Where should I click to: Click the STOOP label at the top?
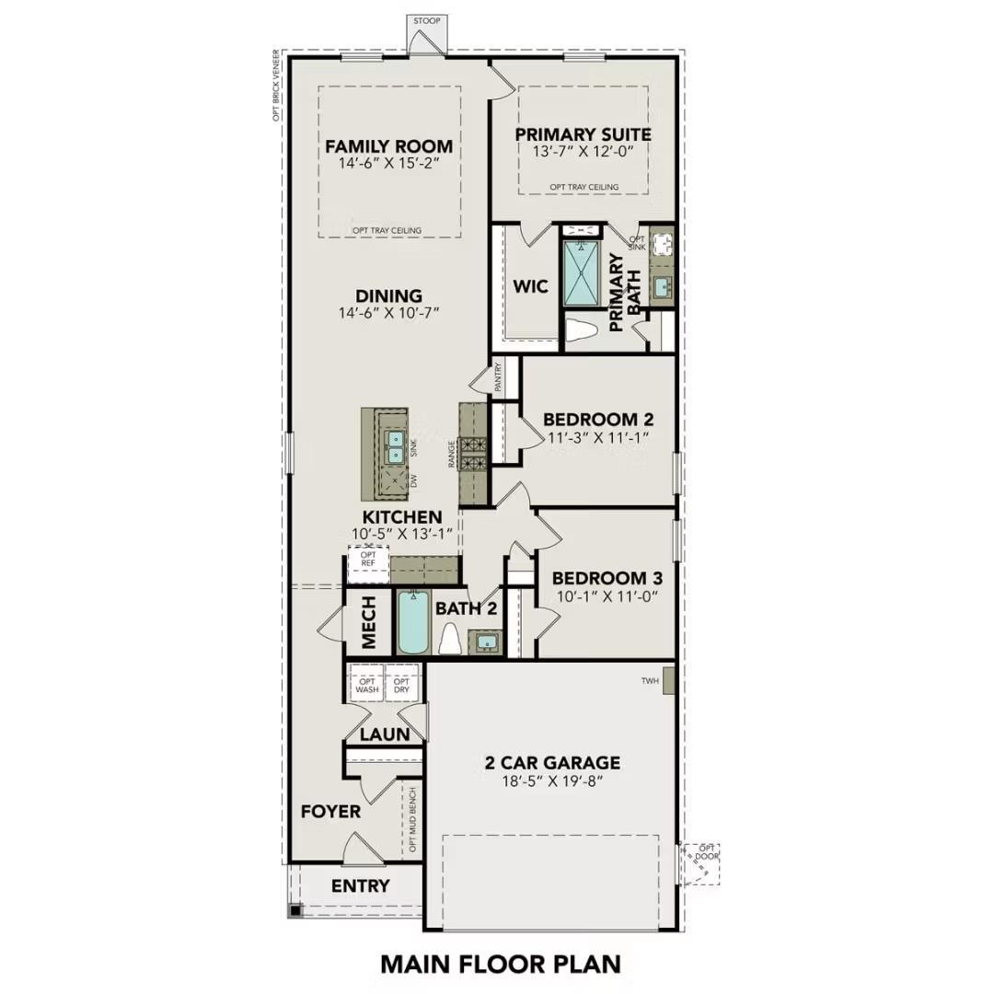click(425, 19)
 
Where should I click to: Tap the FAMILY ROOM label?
click(388, 146)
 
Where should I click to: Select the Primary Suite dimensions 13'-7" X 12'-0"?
click(583, 151)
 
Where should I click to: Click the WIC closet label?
click(530, 286)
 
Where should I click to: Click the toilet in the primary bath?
click(581, 329)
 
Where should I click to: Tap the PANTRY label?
click(498, 377)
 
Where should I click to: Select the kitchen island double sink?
click(396, 447)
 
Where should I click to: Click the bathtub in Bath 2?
click(411, 622)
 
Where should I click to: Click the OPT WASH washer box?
click(367, 685)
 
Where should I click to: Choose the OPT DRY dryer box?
click(402, 685)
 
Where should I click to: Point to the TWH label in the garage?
click(652, 681)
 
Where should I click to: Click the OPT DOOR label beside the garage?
click(707, 852)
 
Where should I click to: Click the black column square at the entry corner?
click(295, 910)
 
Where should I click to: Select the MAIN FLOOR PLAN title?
click(501, 964)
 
